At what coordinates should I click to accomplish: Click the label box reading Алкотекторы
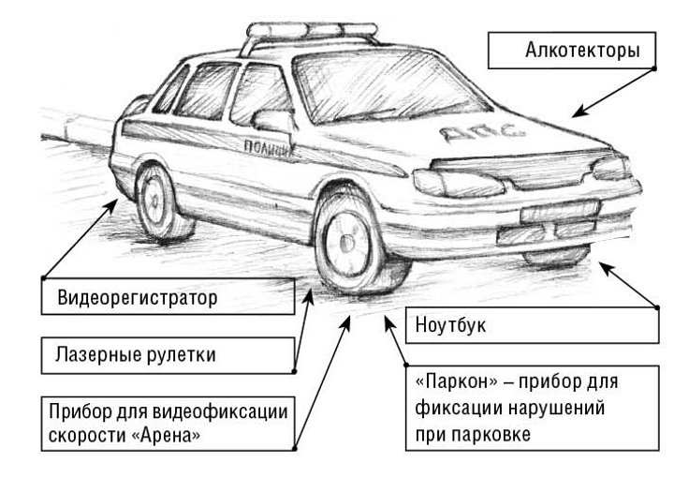572,51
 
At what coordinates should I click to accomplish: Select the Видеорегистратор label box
168,296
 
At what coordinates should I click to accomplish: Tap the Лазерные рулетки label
168,355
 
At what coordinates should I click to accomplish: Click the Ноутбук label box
532,325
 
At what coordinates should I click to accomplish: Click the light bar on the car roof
312,31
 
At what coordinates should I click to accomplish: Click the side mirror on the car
273,121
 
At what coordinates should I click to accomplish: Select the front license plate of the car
560,210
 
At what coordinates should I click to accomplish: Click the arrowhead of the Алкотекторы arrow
579,112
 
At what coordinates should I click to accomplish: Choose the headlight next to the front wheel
458,183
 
